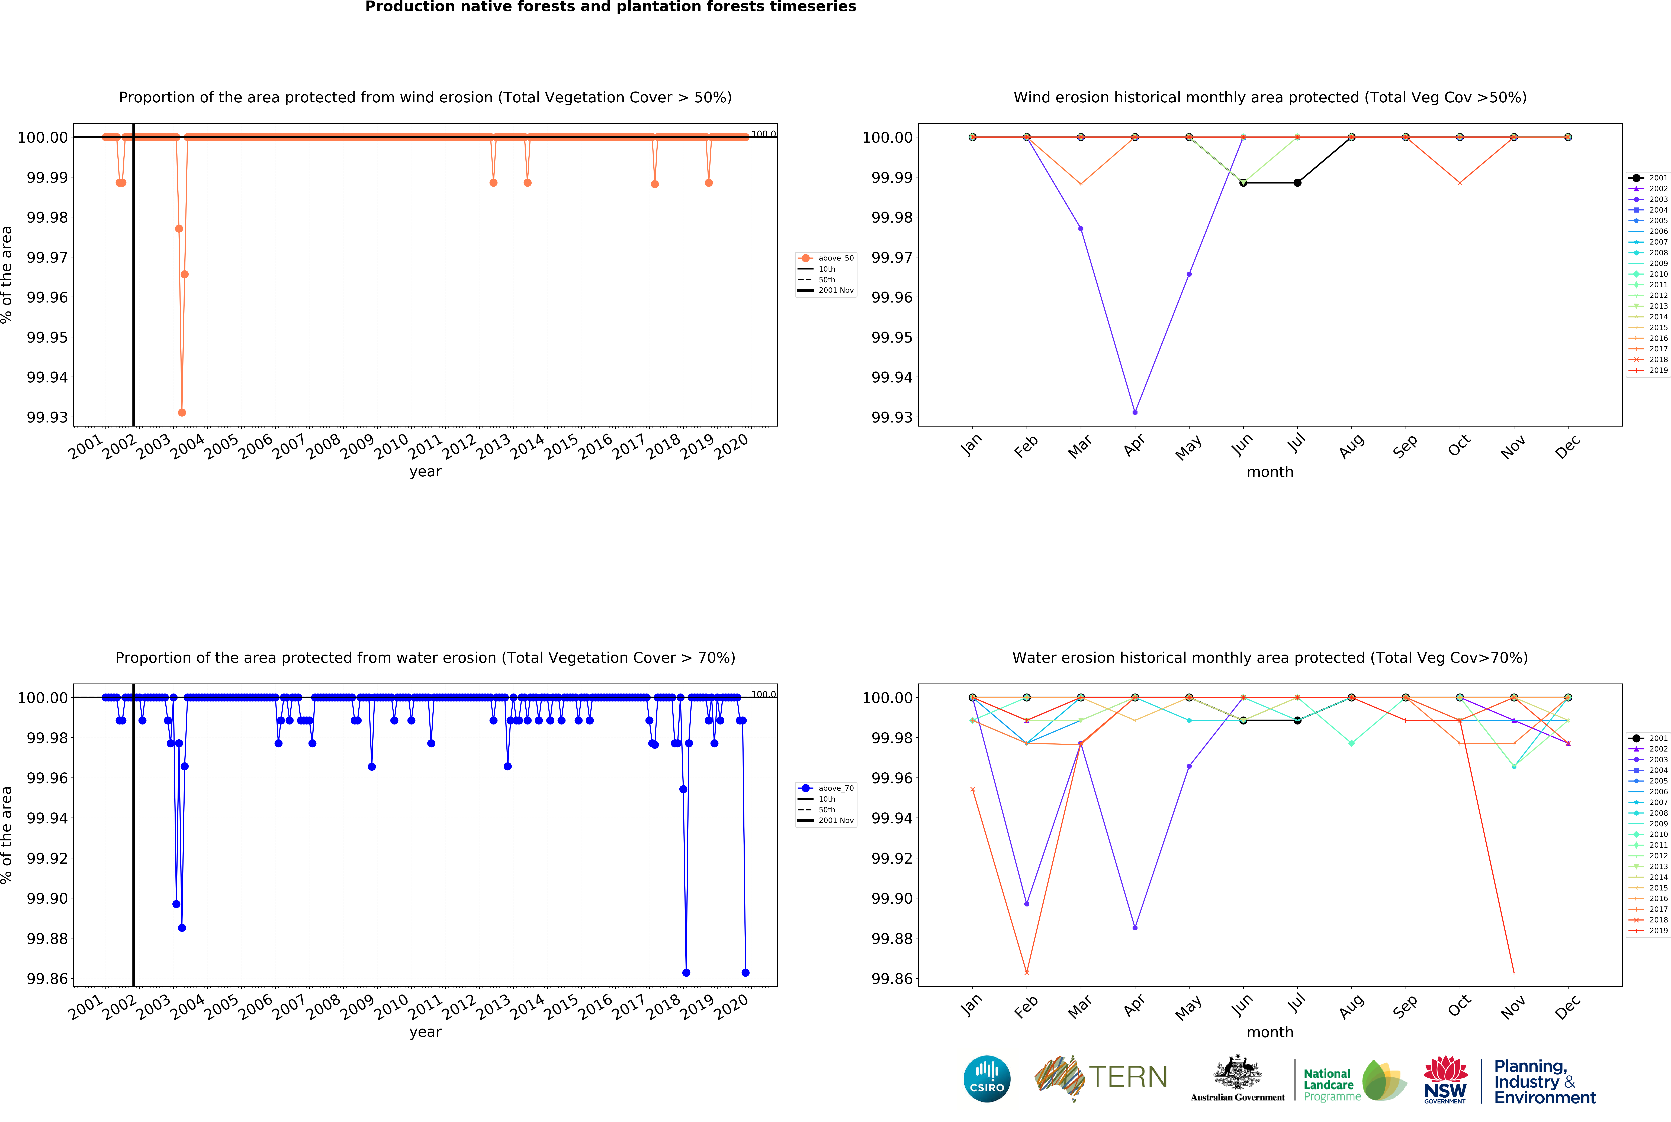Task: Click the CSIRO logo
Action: pos(986,1078)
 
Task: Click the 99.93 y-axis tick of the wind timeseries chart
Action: pos(47,417)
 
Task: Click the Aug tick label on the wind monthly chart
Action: pos(1351,447)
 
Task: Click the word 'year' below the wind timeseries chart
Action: pos(425,471)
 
